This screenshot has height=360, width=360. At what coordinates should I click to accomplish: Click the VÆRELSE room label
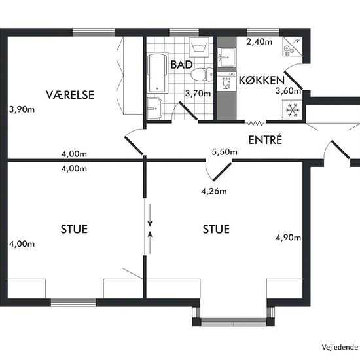70,95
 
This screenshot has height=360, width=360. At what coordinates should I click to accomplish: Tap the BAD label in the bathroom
181,65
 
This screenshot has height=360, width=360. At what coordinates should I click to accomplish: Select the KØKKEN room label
262,81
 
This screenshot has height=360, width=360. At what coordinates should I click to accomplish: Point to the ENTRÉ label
265,140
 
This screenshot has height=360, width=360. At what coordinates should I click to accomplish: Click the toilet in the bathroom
202,75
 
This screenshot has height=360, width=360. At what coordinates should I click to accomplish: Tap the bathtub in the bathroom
158,73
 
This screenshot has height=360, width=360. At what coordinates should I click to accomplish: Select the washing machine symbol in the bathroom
199,47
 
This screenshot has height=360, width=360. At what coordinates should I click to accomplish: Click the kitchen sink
226,58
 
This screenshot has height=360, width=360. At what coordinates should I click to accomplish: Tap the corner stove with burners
293,46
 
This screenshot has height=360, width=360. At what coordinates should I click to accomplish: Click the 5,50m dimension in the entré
225,152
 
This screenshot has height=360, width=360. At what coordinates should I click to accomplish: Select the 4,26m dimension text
214,191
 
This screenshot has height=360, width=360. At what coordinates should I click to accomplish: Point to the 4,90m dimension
289,238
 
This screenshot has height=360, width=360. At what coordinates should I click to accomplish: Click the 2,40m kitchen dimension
259,41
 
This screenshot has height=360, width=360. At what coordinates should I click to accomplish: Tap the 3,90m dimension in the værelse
22,109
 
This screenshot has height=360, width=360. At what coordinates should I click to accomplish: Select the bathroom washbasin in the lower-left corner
154,109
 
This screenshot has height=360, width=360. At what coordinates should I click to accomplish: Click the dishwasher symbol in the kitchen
226,81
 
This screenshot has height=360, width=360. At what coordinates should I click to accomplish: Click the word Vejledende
340,347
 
